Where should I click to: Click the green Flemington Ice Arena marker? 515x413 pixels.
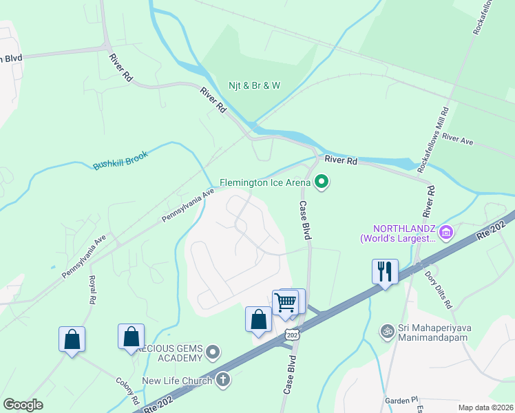tap(322, 182)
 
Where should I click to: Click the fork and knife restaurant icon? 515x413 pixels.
tap(385, 271)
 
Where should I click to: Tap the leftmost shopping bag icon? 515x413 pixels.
tap(72, 339)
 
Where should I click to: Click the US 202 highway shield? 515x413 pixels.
tap(292, 334)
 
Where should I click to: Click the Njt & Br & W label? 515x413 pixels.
tap(255, 86)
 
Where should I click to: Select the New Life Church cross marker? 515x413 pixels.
tap(222, 379)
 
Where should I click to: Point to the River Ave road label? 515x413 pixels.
tap(458, 140)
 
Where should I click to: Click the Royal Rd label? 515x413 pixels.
tap(91, 290)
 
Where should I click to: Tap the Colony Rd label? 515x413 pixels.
tap(128, 391)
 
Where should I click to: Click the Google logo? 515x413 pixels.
tap(23, 405)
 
